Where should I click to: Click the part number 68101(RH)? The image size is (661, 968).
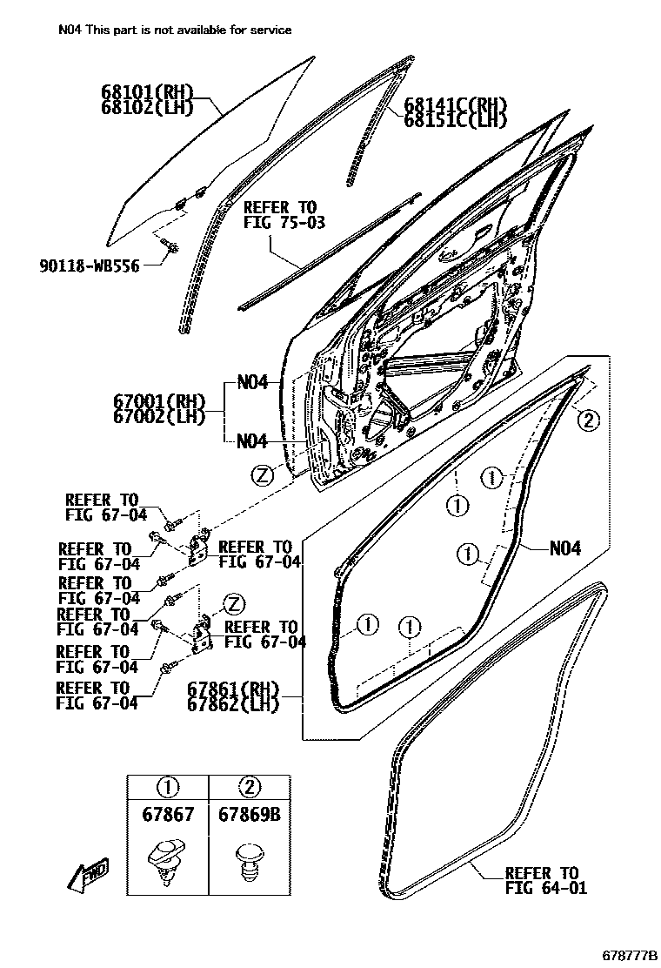[x=145, y=92]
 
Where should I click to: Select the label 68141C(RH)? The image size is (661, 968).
[x=455, y=106]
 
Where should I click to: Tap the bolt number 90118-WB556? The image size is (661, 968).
[x=89, y=266]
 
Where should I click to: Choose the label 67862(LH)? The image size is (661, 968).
[x=233, y=703]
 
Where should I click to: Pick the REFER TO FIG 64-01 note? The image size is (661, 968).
[x=545, y=880]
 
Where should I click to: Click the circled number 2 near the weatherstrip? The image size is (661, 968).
[x=588, y=421]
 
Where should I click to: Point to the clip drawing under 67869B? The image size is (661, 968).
[x=249, y=860]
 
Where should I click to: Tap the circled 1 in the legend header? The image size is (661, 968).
[x=168, y=788]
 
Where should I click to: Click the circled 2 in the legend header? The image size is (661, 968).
[x=249, y=788]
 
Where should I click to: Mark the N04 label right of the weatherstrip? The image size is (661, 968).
[x=565, y=548]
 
